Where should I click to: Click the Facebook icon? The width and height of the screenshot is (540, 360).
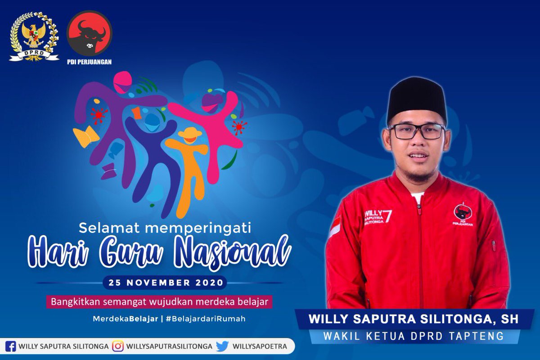point(11,346)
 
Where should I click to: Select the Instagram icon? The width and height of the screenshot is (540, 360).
point(118,346)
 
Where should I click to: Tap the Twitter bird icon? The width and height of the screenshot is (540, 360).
point(222,346)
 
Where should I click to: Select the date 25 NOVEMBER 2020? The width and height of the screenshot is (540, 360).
point(165,283)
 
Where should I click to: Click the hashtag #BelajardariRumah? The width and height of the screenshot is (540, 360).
point(205,318)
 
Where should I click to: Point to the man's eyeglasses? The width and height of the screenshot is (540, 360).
point(416,131)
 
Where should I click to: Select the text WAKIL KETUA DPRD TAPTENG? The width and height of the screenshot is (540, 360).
point(414,336)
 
